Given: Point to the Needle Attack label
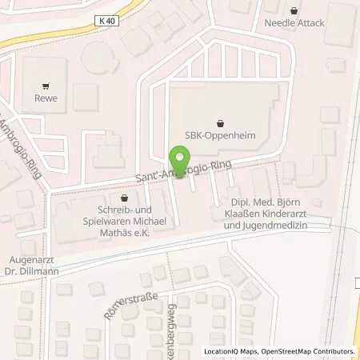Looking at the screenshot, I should point(295,23).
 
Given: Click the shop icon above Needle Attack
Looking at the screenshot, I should point(295,11).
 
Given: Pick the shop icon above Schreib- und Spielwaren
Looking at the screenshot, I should point(123,197).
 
